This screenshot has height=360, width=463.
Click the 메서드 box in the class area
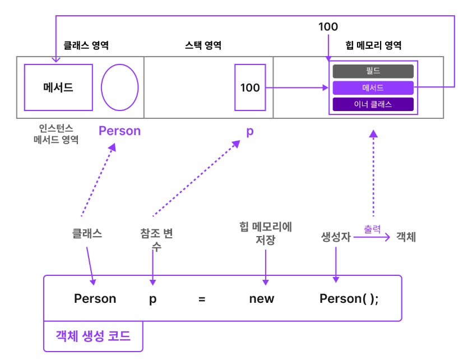point(58,87)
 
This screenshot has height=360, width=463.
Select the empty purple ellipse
point(119,87)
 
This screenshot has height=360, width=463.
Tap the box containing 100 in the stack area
point(249,87)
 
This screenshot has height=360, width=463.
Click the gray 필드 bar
point(373,71)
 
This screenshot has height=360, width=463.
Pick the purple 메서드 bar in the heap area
point(373,88)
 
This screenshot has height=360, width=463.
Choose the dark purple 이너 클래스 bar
point(373,104)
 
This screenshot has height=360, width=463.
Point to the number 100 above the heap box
point(328,27)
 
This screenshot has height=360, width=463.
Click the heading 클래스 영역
point(85,46)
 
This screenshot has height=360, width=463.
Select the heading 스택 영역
point(203,46)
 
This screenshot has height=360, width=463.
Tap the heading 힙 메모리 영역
point(373,46)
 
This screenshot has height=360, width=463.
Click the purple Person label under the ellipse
point(119,131)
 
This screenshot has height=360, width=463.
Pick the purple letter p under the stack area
point(250,132)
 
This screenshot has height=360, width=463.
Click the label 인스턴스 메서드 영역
point(55,134)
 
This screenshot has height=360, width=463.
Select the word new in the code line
point(262,298)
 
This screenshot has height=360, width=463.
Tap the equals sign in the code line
point(202,299)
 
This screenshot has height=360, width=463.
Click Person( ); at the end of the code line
point(349,298)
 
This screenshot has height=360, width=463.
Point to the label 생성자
point(336,237)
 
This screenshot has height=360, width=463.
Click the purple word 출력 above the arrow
point(372,229)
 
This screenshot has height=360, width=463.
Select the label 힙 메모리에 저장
point(265,233)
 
